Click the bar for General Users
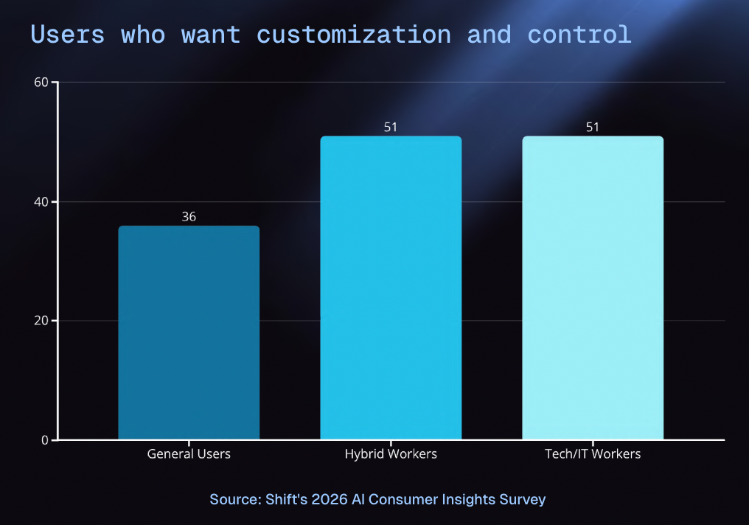[x=189, y=333]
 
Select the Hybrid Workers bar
[x=391, y=288]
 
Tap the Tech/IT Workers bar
[x=593, y=288]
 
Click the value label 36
[x=189, y=217]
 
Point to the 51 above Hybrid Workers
[x=391, y=127]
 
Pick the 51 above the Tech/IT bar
[x=593, y=127]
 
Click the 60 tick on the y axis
[x=41, y=82]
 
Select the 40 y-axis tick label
[x=41, y=201]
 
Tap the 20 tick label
[x=41, y=321]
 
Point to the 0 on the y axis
[x=45, y=440]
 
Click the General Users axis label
[x=189, y=453]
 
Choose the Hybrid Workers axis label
[x=391, y=453]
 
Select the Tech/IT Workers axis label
[x=593, y=453]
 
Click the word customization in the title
[x=353, y=35]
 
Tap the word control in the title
[x=579, y=35]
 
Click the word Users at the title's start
[x=67, y=35]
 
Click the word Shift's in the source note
[x=286, y=499]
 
